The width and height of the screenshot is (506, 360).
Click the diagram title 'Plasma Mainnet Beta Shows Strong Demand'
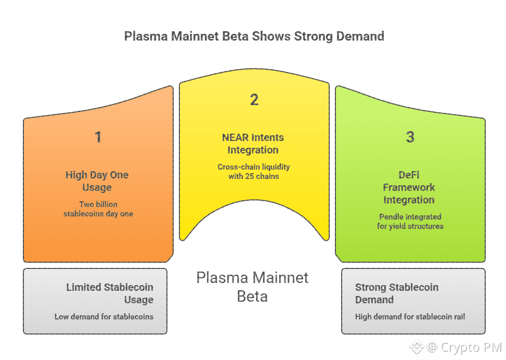pos(254,36)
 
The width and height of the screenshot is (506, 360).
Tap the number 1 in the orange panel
pos(98,137)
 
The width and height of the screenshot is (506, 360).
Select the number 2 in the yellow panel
pos(254,100)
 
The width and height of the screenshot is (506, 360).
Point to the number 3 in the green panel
pos(410,137)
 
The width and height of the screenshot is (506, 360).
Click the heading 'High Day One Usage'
pos(97,181)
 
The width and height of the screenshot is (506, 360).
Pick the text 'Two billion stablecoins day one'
pos(98,209)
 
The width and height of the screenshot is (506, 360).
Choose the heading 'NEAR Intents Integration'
pos(253,144)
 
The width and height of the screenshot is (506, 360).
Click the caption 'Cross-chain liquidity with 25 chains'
pos(253,171)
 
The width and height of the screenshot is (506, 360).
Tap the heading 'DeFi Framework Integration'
pos(409,187)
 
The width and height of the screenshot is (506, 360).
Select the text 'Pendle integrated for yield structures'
pos(409,221)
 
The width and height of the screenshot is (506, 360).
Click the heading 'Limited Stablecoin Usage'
pos(110,293)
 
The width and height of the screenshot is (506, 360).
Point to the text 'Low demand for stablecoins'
pos(104,316)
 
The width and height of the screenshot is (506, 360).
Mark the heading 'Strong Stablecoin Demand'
pos(397,293)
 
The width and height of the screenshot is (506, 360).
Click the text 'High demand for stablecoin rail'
pos(410,316)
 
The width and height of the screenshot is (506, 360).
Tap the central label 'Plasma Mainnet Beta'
pos(253,287)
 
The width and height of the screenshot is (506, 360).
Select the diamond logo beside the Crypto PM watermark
pos(417,347)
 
